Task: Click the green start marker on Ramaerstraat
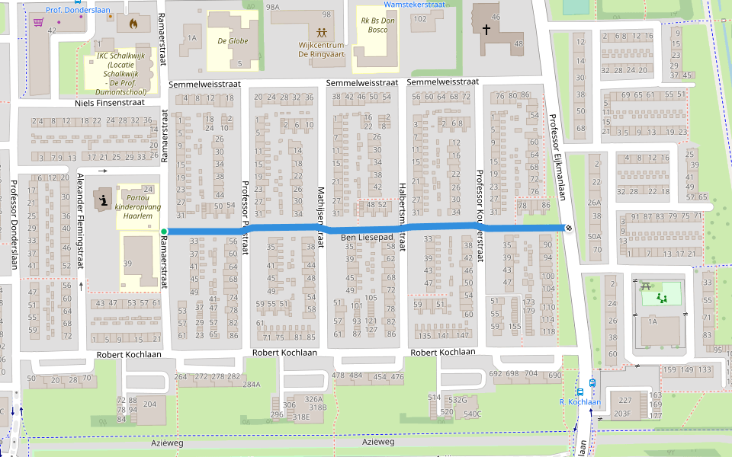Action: coord(164,231)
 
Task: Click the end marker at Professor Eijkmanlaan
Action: coord(568,228)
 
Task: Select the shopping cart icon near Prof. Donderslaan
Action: coord(38,22)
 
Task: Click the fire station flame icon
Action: coord(134,24)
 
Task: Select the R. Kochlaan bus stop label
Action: coord(580,402)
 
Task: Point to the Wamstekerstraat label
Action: coord(416,5)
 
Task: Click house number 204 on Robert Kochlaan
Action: coord(149,404)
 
